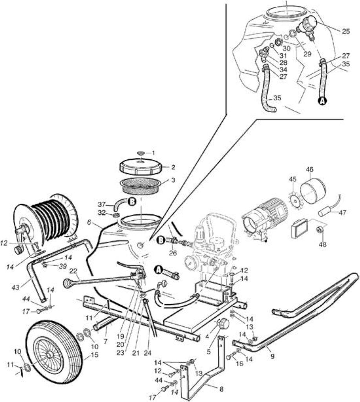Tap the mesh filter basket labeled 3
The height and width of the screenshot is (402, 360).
tap(141, 186)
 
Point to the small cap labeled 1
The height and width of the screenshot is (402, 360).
tap(141, 153)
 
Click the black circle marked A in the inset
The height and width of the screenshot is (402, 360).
tap(323, 101)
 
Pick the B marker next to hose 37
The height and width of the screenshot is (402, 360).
tap(132, 202)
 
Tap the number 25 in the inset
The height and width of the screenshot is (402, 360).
tap(345, 31)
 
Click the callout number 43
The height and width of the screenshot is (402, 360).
tap(15, 287)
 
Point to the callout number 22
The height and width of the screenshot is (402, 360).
tap(73, 271)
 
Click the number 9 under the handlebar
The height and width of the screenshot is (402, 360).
tap(272, 356)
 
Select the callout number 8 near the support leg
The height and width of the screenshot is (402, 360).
tap(221, 389)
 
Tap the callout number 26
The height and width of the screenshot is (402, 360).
tap(173, 253)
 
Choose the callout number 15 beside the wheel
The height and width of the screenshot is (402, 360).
tap(95, 355)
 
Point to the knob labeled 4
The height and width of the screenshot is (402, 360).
tap(223, 323)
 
